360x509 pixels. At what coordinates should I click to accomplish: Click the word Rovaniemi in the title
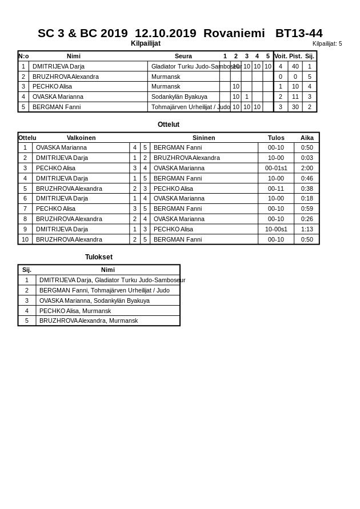(234, 33)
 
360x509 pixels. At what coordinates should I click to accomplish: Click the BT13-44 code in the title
(298, 33)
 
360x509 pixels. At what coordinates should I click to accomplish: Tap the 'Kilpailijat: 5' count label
(327, 43)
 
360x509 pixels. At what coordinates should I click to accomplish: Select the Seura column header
(183, 56)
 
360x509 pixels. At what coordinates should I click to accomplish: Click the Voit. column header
(281, 56)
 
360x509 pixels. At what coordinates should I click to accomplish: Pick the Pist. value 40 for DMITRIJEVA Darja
(295, 66)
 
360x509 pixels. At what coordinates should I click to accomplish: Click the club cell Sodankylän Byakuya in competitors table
(179, 97)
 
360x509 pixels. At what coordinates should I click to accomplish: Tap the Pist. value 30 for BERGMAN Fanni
(295, 107)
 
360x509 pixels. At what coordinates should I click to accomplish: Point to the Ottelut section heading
(169, 125)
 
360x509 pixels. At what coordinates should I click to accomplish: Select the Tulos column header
(276, 138)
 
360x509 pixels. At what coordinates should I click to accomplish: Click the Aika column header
(307, 138)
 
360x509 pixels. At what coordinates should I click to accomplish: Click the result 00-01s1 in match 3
(276, 168)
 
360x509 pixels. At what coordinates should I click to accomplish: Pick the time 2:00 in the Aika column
(307, 168)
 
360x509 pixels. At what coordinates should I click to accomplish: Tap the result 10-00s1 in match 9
(276, 229)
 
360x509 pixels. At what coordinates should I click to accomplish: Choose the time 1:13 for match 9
(307, 229)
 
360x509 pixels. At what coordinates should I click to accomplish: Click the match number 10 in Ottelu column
(25, 239)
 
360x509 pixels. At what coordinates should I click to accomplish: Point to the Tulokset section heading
(99, 257)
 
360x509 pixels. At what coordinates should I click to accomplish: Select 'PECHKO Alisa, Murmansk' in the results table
(75, 311)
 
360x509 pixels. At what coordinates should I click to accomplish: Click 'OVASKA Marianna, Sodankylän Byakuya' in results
(94, 300)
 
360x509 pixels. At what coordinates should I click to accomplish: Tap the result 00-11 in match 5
(276, 189)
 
